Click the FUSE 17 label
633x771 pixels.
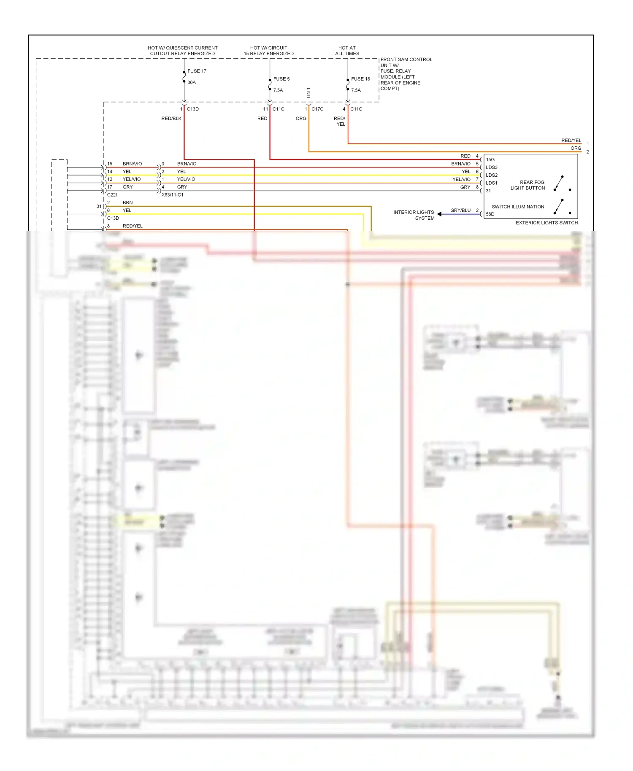pos(197,71)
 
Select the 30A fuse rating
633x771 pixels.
pos(192,83)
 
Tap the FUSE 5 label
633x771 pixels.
pos(281,79)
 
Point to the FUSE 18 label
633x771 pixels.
pos(360,79)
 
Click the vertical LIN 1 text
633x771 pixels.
pos(308,93)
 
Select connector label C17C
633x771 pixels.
pos(317,109)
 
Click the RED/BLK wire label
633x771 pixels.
pos(171,119)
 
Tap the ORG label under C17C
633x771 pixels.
pos(301,119)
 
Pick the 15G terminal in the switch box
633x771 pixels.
pos(490,159)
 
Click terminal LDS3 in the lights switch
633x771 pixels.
pos(491,167)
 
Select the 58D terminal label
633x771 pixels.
pos(490,214)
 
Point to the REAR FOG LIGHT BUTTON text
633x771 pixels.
pos(528,185)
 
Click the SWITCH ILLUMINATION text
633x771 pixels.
pos(518,207)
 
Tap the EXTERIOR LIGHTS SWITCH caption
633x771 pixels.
pos(546,223)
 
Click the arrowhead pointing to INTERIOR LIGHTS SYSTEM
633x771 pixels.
pos(439,214)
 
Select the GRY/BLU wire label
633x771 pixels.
pos(460,210)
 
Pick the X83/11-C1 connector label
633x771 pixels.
pos(172,195)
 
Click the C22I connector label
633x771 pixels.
pos(112,195)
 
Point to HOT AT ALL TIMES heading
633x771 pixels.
pos(347,51)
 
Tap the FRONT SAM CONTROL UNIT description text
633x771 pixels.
pos(406,74)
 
